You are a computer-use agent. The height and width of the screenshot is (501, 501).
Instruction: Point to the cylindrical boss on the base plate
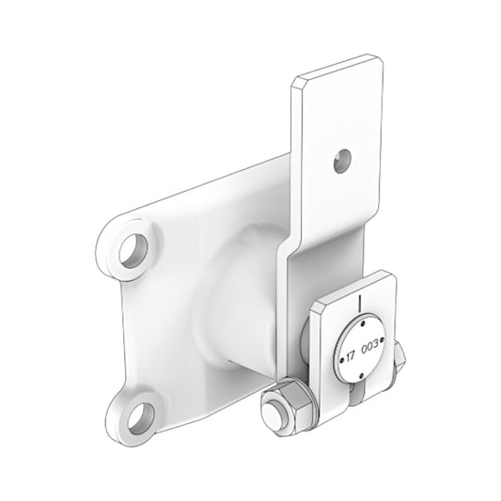(x=235, y=301)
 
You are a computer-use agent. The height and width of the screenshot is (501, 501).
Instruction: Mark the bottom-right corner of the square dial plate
(x=396, y=384)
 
